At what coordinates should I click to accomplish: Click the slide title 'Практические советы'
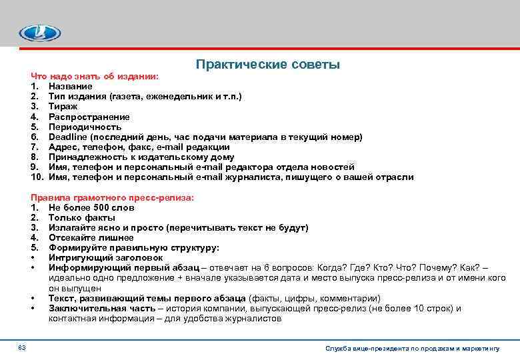click(268, 65)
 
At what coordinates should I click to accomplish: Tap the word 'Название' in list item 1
click(70, 87)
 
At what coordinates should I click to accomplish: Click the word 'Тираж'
click(63, 107)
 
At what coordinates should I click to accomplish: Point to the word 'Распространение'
click(89, 117)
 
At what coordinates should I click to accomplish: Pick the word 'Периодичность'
click(85, 127)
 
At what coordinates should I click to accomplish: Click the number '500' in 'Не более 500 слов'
click(103, 208)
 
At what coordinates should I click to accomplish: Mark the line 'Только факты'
click(81, 218)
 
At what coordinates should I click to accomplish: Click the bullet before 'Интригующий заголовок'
click(33, 258)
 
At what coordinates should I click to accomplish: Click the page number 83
click(21, 348)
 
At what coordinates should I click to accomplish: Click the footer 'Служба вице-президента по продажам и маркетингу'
click(412, 349)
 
